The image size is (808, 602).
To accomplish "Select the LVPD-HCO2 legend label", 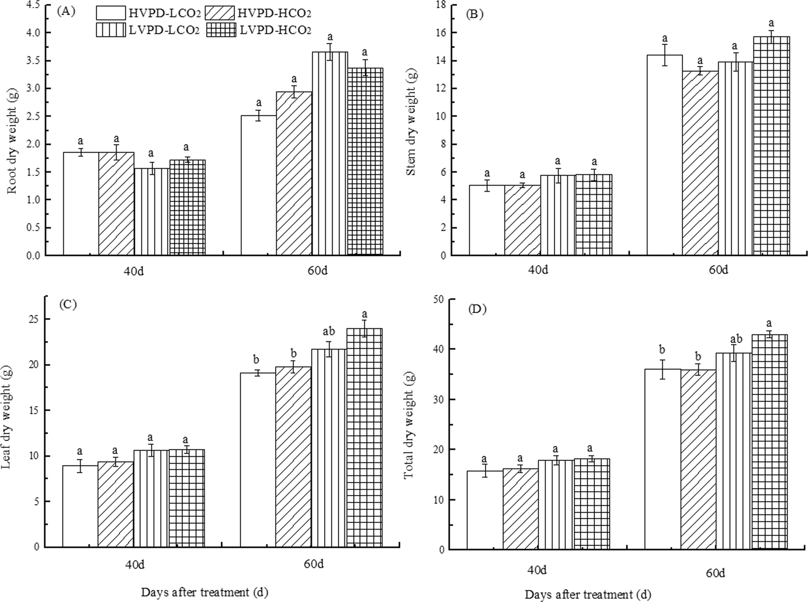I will tap(275, 30).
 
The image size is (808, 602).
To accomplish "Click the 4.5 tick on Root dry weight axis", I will tap(33, 5).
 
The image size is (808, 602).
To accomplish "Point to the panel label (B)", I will tap(474, 14).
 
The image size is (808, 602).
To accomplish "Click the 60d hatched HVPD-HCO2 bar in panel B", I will tap(700, 163).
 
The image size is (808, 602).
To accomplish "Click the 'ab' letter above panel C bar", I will tap(329, 331).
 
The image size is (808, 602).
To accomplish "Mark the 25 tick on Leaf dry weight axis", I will tap(35, 319).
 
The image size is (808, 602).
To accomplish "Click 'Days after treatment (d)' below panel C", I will tap(204, 592).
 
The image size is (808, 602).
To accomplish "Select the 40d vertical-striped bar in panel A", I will tap(152, 212).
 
